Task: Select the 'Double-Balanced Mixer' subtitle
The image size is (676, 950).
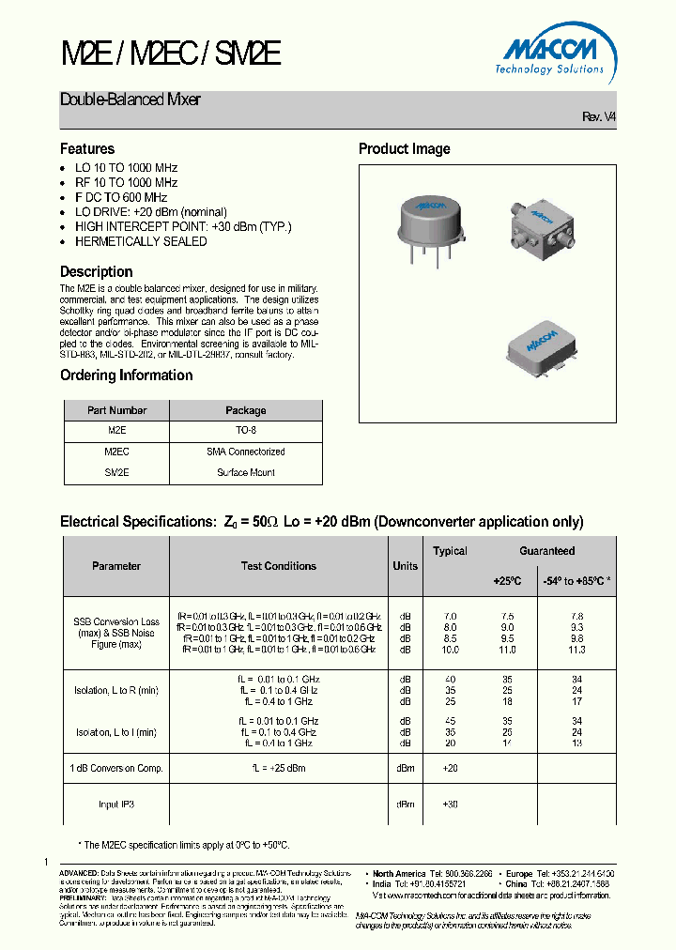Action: coord(131,100)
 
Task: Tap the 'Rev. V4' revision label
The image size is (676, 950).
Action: coord(599,116)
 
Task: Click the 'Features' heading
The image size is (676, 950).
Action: coord(87,148)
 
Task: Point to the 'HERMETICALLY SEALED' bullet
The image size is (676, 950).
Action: coord(140,241)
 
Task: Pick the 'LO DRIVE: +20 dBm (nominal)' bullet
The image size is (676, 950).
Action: coord(150,212)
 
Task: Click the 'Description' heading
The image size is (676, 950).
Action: coord(97,271)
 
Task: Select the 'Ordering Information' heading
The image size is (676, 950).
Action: coord(126,375)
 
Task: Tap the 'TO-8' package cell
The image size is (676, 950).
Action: coord(246,430)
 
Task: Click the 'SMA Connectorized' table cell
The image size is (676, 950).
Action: coord(246,452)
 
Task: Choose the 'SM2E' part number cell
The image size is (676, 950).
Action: coord(116,473)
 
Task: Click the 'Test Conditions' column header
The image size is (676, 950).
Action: coord(279,566)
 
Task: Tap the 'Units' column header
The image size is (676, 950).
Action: coord(406,566)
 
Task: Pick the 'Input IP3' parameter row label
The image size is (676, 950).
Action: coord(116,804)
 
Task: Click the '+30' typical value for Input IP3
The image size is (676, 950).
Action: coord(450,804)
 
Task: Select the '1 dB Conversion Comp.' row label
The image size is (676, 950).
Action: coord(116,768)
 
